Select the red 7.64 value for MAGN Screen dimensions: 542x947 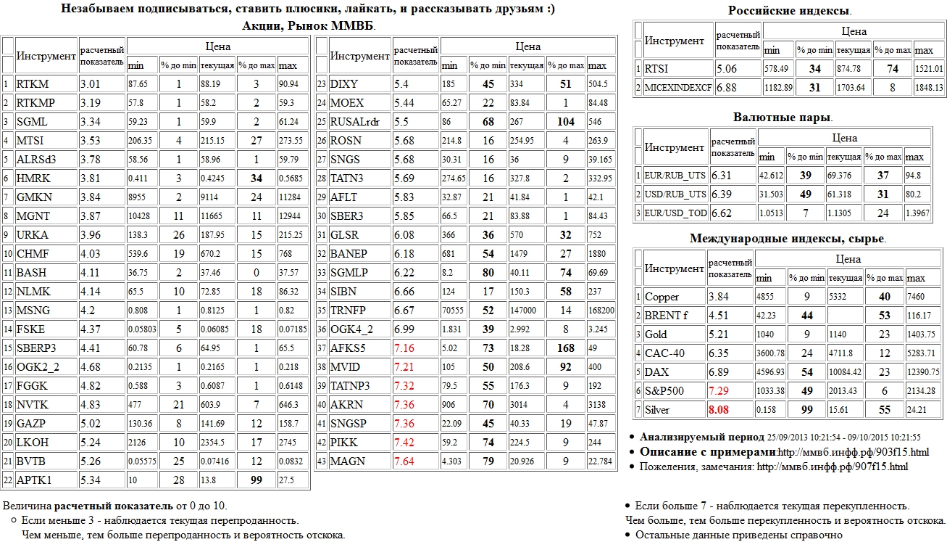click(x=404, y=461)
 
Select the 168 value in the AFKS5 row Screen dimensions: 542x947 click(x=565, y=348)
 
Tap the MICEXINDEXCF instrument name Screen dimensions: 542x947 click(x=678, y=88)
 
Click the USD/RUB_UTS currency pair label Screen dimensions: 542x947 click(x=675, y=194)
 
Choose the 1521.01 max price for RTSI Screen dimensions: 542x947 click(x=929, y=69)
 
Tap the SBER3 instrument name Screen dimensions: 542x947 click(x=346, y=215)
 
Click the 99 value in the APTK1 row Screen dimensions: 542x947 click(x=256, y=480)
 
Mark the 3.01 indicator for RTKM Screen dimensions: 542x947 click(x=94, y=83)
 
